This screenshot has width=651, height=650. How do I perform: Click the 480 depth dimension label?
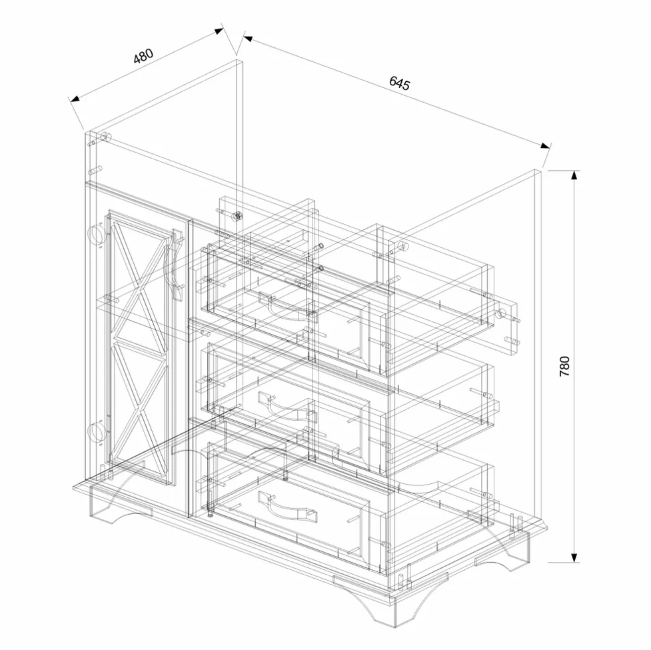[143, 56]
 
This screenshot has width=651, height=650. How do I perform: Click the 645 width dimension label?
[399, 83]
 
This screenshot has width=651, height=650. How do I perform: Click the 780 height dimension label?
[564, 366]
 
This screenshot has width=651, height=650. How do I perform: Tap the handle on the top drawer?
[287, 307]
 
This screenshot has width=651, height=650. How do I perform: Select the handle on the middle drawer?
[287, 405]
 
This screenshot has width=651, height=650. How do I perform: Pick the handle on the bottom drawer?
[287, 505]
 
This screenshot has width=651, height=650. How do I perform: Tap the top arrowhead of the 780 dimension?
[574, 176]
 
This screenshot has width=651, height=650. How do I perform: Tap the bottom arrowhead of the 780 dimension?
[574, 557]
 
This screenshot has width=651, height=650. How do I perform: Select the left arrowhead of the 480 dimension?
[75, 99]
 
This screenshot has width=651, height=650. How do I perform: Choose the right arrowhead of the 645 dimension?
[545, 145]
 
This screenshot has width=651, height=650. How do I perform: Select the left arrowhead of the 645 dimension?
[249, 39]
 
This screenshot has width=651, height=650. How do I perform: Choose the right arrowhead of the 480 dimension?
[219, 31]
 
